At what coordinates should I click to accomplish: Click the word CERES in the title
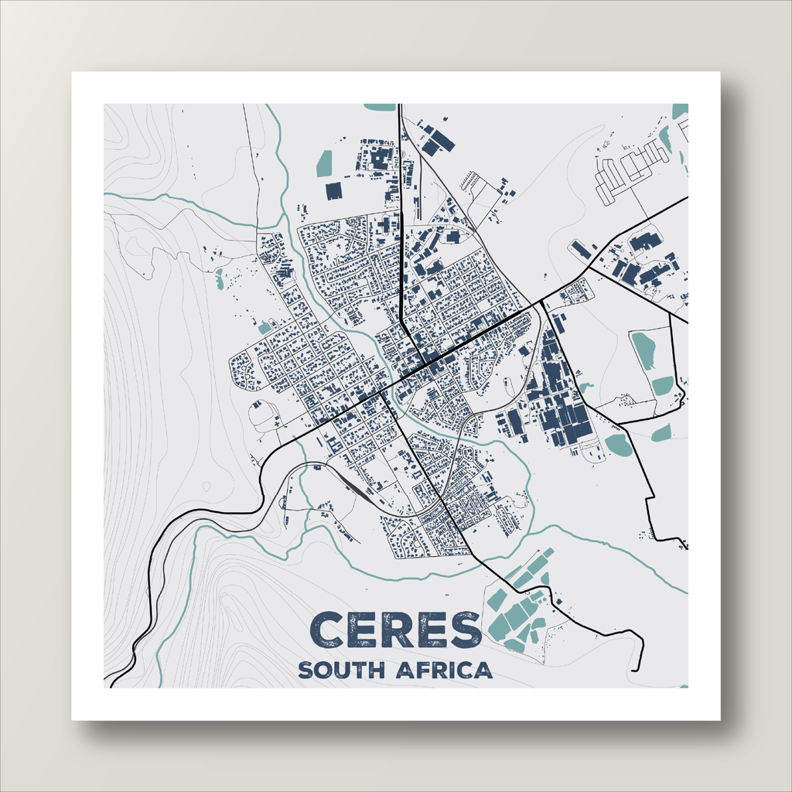point(395,630)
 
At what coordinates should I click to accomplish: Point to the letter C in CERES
point(331,630)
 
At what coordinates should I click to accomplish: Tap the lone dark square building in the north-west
point(333,190)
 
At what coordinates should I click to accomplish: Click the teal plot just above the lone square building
point(324,163)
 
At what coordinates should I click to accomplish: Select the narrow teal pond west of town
point(220,278)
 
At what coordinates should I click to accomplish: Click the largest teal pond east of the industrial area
point(643,349)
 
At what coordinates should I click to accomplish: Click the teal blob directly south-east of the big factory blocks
point(618,444)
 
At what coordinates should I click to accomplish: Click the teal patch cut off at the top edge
point(379,107)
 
